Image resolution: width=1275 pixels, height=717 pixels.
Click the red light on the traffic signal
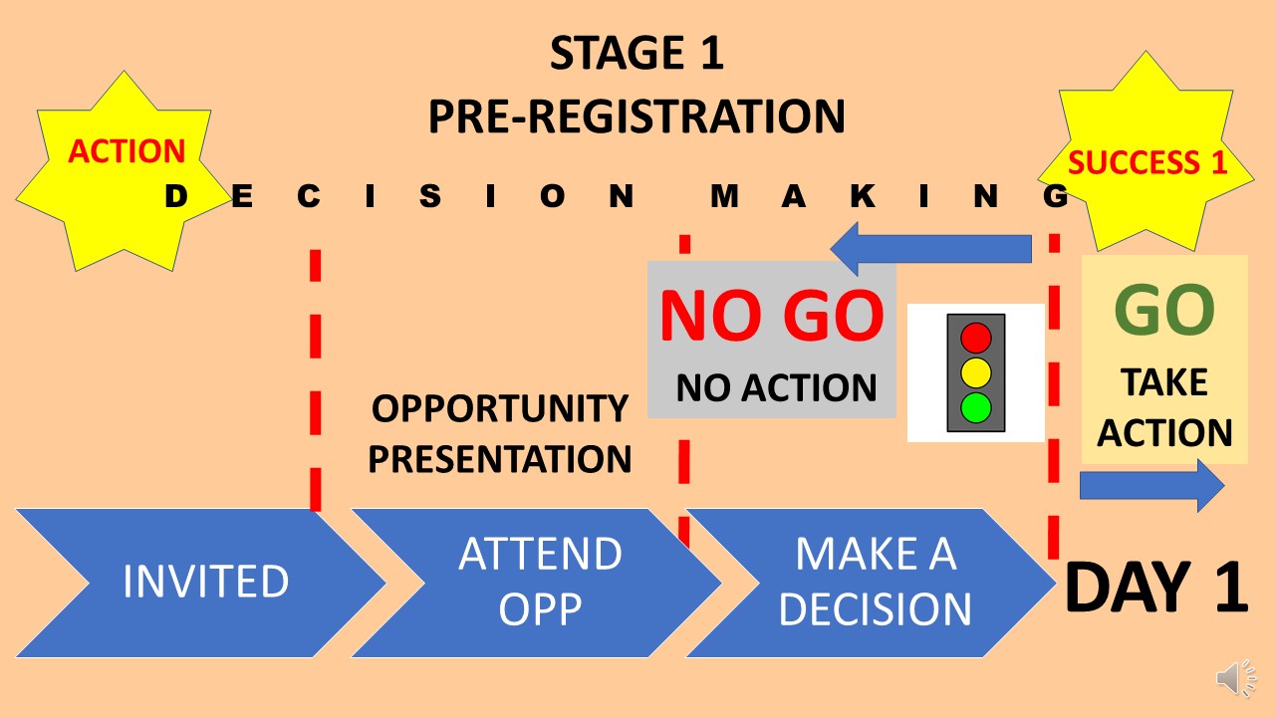click(x=976, y=337)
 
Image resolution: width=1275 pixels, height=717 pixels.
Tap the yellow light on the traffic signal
click(x=976, y=372)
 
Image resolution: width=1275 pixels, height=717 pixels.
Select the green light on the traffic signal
click(x=976, y=406)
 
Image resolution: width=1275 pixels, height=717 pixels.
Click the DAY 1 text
click(x=1155, y=588)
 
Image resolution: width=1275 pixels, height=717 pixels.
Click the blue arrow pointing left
click(x=930, y=248)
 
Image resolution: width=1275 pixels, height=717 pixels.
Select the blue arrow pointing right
click(x=1151, y=485)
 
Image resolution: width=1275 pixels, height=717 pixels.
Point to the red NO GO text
click(x=771, y=316)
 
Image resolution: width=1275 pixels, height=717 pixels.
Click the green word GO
click(x=1164, y=311)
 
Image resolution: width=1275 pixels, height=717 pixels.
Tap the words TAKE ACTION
click(x=1164, y=408)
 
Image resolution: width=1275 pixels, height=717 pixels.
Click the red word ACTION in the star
click(x=127, y=151)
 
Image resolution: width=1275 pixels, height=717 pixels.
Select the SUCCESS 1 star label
click(x=1147, y=162)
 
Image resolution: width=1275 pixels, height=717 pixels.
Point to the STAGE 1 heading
click(x=637, y=55)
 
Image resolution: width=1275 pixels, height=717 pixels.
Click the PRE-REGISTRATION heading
click(x=637, y=117)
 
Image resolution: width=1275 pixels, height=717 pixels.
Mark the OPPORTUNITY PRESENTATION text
click(x=500, y=434)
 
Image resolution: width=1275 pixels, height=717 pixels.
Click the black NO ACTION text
click(x=776, y=387)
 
